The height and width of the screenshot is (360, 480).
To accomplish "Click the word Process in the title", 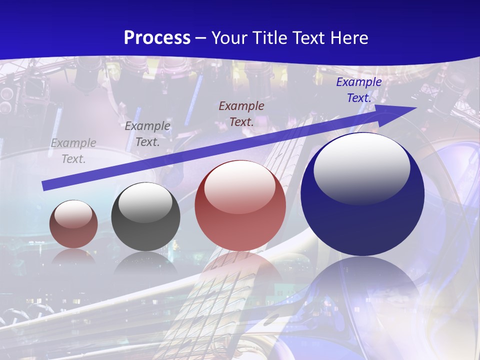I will [x=157, y=38].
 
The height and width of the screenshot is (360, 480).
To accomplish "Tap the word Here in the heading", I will [x=348, y=38].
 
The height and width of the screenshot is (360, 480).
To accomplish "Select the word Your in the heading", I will [x=228, y=38].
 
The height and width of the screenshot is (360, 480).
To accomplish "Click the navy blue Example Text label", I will [x=358, y=90].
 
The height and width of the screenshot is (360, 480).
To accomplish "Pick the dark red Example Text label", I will [x=241, y=113].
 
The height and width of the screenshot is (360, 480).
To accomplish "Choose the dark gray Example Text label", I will [x=147, y=134].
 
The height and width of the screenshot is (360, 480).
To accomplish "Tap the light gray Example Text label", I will [x=73, y=151].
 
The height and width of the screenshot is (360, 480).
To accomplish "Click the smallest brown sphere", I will [x=73, y=224].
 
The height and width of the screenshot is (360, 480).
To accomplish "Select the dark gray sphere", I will [x=145, y=217].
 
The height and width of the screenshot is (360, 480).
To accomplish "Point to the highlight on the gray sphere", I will [x=145, y=202].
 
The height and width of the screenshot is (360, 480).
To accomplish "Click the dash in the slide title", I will [x=200, y=38].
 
